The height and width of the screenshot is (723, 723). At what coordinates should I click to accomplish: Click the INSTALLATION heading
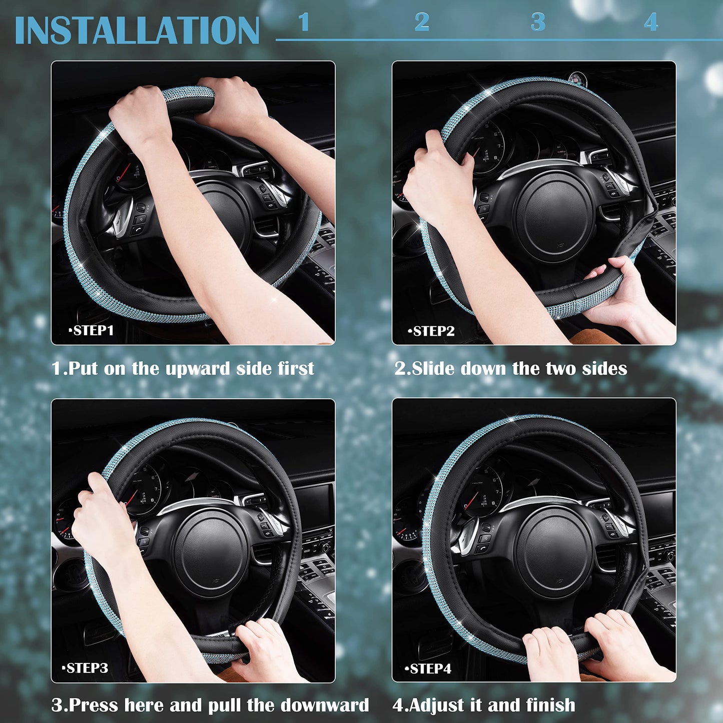point(137,31)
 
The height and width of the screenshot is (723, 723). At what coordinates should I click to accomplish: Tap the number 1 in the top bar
point(304,23)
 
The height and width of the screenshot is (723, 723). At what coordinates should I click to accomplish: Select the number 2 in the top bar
point(422,23)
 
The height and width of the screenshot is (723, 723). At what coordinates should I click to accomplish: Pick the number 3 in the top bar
point(538,23)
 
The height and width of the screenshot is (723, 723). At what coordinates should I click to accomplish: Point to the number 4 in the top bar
point(650,23)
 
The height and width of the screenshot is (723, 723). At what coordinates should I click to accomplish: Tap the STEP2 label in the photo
point(433,331)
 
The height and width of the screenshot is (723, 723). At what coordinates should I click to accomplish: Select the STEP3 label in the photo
point(86,668)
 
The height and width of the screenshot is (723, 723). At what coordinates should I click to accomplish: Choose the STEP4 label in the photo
point(429,669)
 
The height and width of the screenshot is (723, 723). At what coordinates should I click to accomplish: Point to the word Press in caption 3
point(94,705)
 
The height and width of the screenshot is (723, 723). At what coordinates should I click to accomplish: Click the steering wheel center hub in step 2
point(554,216)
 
